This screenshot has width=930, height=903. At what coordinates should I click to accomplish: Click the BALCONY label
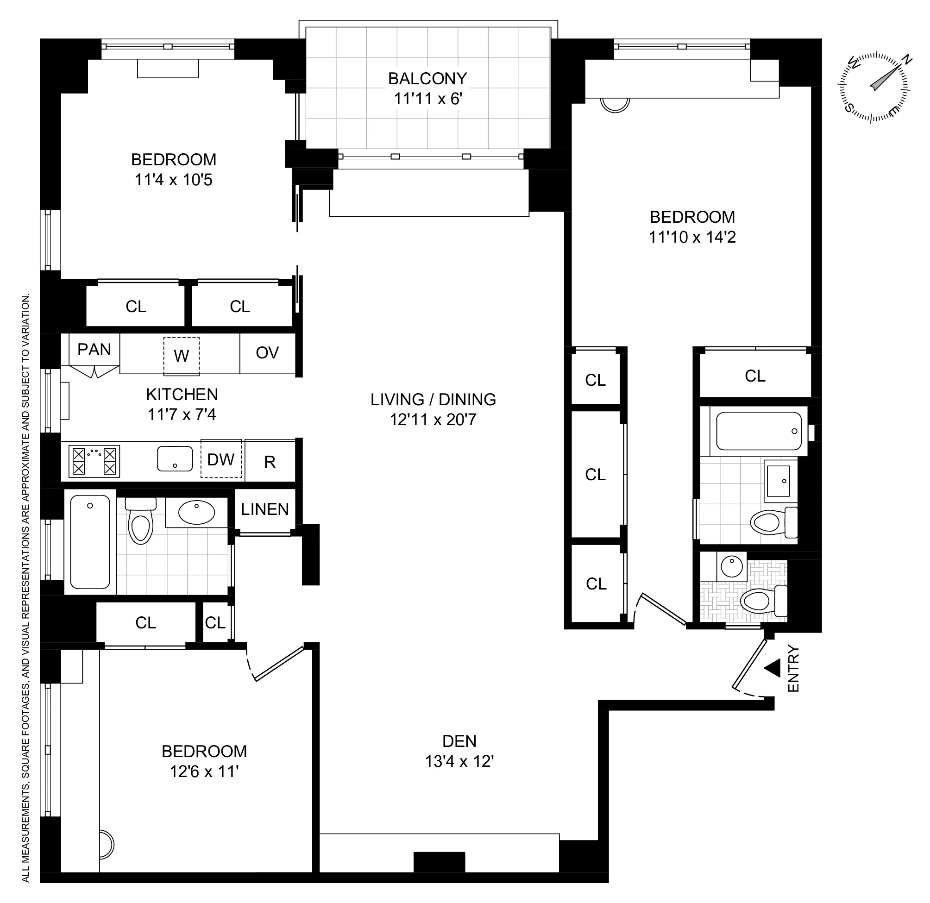coord(427,78)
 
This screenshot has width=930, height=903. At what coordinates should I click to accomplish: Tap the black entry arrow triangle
coord(773,668)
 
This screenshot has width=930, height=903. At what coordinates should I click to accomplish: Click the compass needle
coord(886,78)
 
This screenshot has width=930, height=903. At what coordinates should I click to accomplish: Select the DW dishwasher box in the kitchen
coord(220,459)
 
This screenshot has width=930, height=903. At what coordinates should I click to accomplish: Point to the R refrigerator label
coord(270,462)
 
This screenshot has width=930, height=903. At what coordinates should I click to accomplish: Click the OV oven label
coord(267,353)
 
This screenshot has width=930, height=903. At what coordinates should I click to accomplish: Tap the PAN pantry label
coord(94,350)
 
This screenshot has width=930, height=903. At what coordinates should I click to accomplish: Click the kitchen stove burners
coord(94,461)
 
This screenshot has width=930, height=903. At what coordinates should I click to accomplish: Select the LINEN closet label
coord(265,510)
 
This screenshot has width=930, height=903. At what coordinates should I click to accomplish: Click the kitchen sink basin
coord(175,459)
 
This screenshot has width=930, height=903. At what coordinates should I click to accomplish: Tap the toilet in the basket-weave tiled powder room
coord(759,602)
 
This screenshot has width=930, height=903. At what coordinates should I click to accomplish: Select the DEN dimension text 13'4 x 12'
coord(459,761)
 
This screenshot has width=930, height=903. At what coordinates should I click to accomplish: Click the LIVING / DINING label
coord(433,400)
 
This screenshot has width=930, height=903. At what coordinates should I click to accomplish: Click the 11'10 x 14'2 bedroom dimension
coord(692,237)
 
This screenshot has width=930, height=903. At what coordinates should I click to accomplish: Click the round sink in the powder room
coord(731,566)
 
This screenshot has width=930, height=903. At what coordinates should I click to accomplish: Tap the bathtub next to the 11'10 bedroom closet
coord(758,431)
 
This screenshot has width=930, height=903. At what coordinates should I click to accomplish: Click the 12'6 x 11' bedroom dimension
coord(204,771)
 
